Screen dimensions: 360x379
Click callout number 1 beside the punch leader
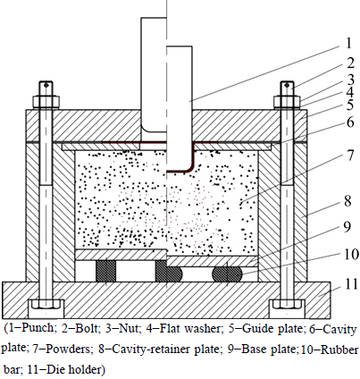click(349, 43)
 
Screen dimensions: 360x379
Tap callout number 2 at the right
click(350, 63)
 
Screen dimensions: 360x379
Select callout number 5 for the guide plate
click(349, 105)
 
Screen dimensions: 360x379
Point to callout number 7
click(350, 155)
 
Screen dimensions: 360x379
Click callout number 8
click(347, 201)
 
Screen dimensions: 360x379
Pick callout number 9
click(347, 227)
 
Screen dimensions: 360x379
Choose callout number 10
click(351, 254)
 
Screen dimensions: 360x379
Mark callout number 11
click(351, 283)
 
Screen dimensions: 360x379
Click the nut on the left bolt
click(46, 102)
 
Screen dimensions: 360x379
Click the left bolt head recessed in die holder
click(46, 304)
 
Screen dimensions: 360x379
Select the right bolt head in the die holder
click(288, 304)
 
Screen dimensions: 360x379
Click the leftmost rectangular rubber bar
click(105, 271)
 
